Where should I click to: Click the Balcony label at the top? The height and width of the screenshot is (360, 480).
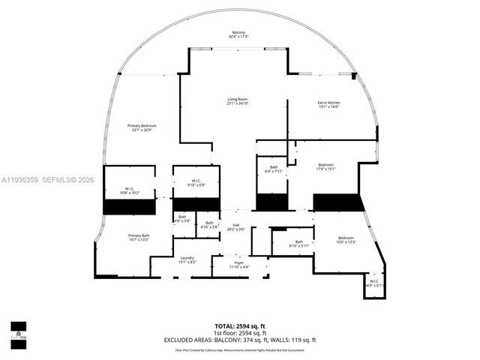coord(238,34)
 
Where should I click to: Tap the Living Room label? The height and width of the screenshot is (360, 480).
coord(238,102)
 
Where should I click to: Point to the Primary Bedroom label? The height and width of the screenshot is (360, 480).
coord(140,127)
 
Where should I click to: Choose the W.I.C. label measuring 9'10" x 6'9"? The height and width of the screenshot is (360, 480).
coord(196,182)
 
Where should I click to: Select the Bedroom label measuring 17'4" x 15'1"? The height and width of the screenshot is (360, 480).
coord(325,166)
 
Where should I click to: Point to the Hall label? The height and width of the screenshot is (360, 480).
coord(235,227)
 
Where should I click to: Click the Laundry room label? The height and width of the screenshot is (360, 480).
coord(187,259)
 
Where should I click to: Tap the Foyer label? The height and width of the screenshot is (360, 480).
coord(239,264)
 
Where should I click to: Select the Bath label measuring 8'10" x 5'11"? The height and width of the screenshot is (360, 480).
coord(298,243)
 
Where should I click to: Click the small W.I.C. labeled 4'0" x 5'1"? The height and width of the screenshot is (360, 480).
coord(374,283)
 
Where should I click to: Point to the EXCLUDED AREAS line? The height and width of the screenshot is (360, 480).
coord(240,340)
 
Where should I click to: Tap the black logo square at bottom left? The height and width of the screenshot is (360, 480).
coord(18,328)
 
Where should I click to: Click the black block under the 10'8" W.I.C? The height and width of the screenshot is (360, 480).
coord(129,207)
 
